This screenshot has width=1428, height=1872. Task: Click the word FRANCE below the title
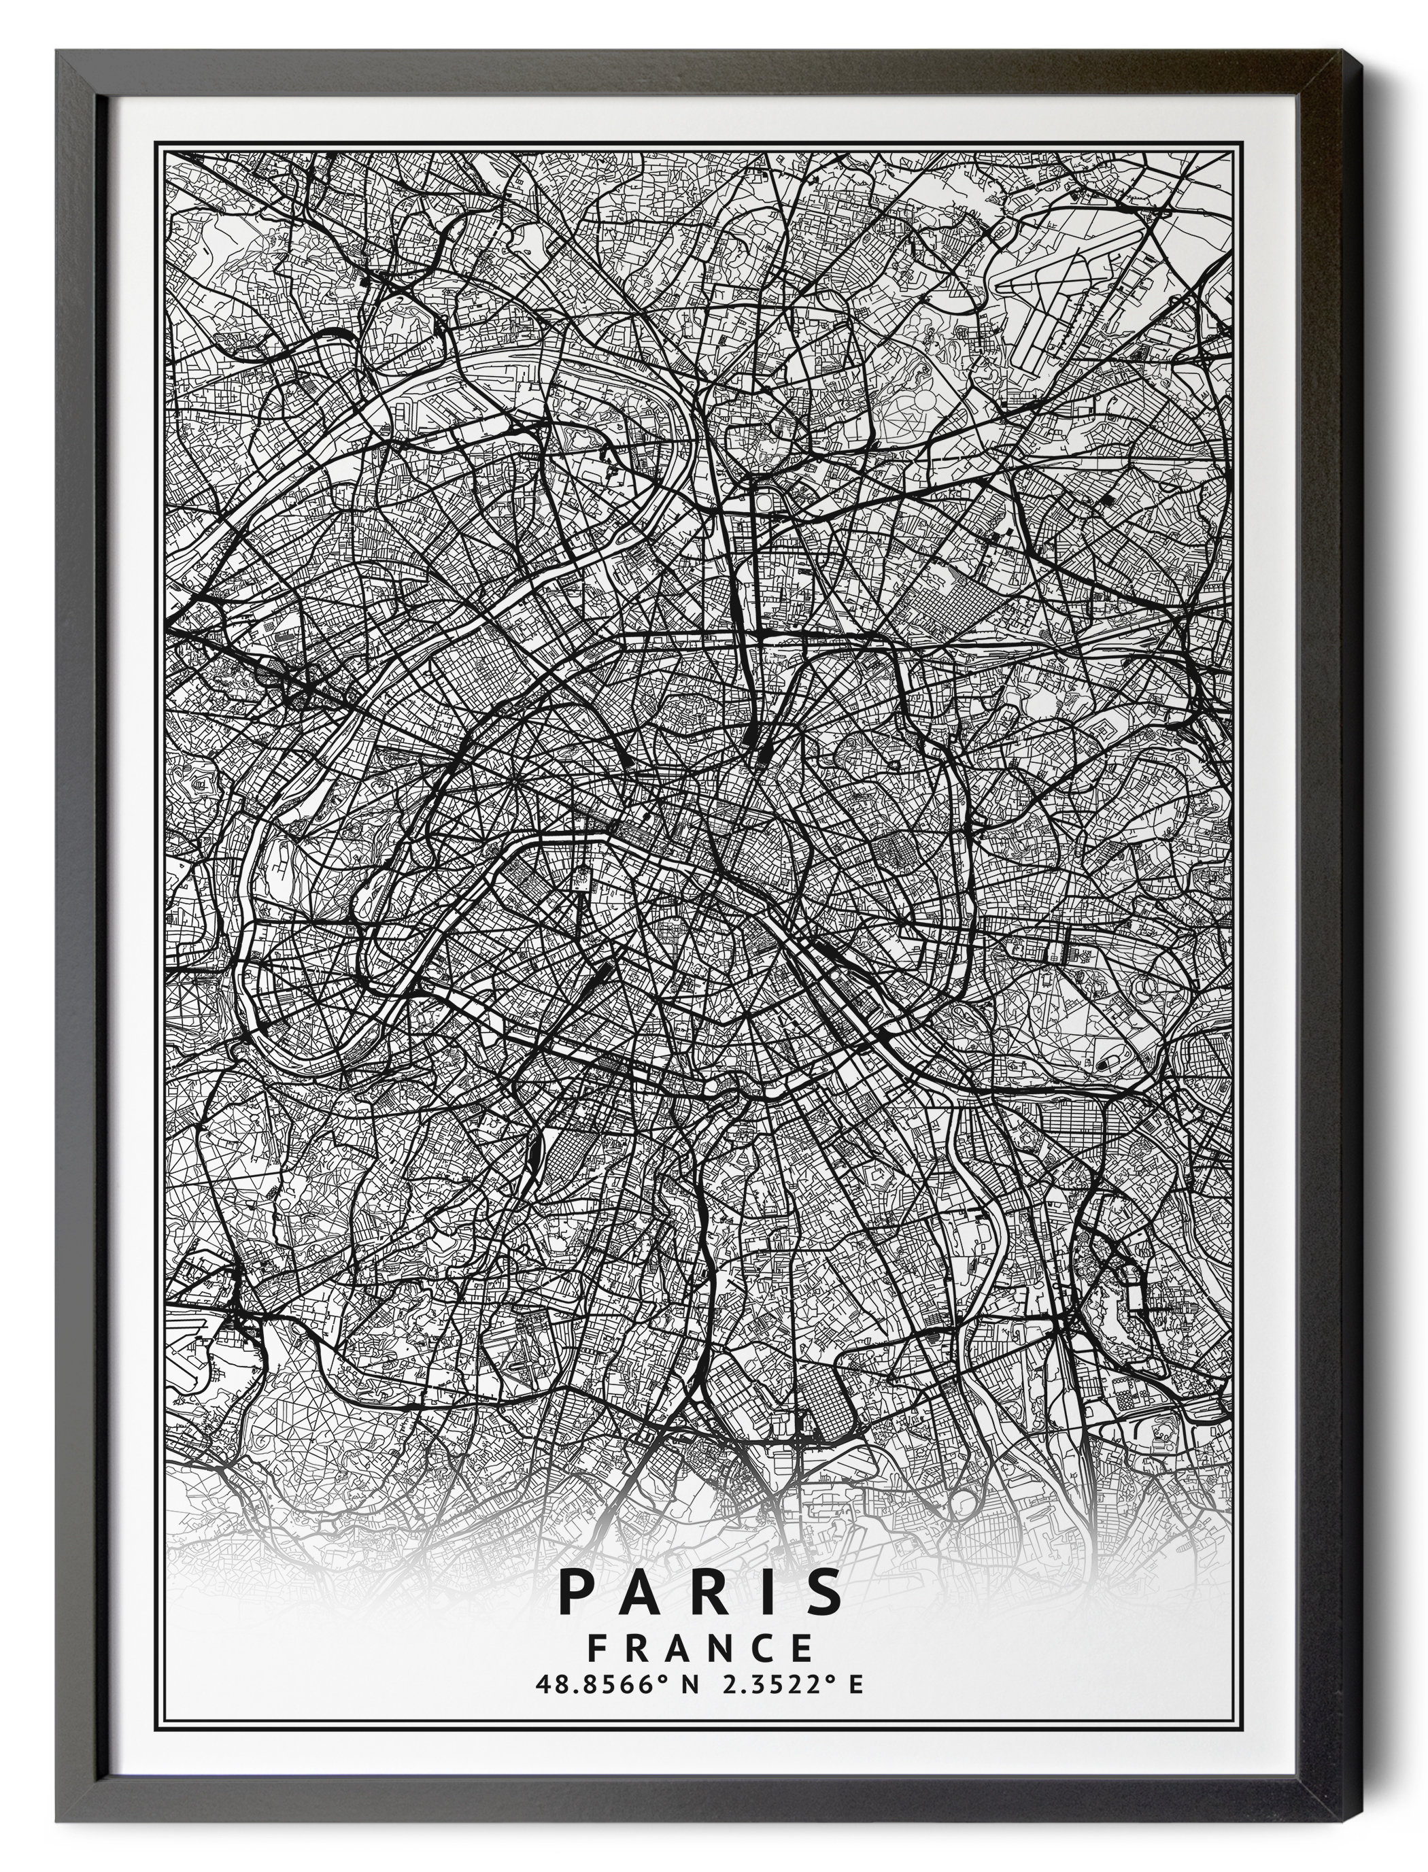click(700, 1648)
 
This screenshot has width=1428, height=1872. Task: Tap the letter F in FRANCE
click(598, 1648)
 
